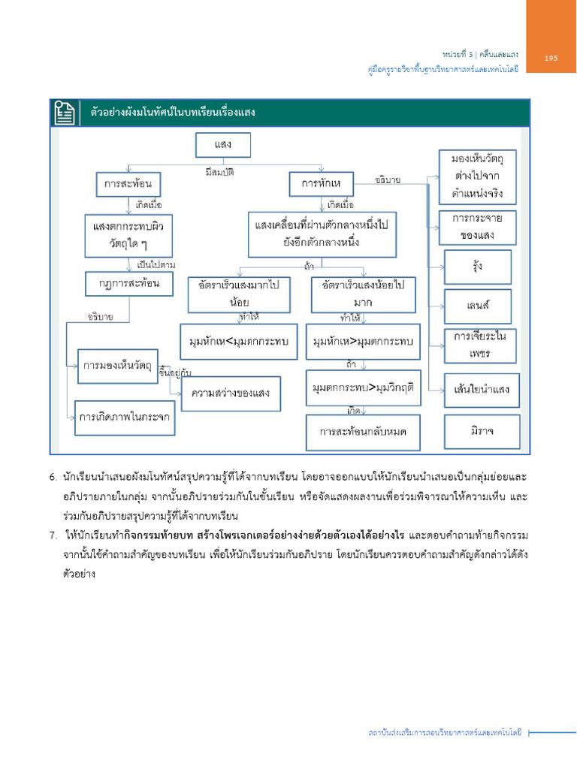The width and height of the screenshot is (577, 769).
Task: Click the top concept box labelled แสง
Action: coord(222,145)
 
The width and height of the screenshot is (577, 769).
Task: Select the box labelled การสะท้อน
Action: coord(128,183)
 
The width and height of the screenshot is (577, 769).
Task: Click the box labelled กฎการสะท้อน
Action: coord(128,284)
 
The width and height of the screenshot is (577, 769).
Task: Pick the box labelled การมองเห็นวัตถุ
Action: coord(116,366)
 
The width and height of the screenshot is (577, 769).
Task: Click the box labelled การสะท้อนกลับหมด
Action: coord(364,432)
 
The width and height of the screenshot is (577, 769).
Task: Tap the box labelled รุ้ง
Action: coord(478,267)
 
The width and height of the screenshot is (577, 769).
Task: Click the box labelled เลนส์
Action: coord(478,306)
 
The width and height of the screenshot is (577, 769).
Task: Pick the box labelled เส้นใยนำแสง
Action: coord(482,390)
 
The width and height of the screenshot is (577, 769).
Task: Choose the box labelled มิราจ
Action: coord(482,432)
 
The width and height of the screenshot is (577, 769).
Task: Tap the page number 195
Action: coord(551,58)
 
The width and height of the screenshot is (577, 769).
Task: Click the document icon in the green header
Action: coord(63,113)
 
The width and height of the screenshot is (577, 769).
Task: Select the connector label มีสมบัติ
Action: coord(219,172)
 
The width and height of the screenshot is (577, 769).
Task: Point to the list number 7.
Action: coord(53,535)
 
